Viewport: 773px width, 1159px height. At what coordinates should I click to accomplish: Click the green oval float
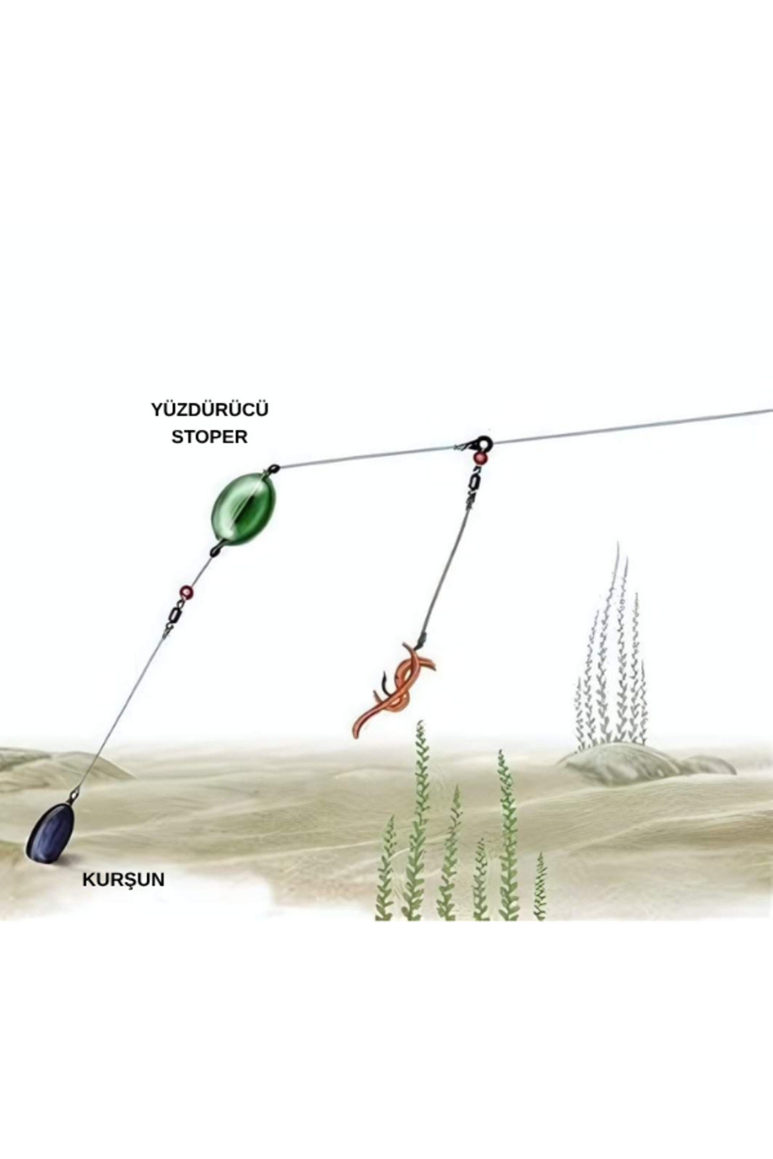point(243,507)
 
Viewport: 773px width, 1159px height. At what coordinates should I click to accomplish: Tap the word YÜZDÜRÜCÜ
point(209,410)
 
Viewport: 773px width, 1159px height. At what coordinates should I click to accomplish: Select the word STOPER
point(209,437)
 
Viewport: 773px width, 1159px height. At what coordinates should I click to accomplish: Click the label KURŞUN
point(123,880)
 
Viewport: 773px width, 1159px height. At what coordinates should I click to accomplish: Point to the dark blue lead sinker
point(50,832)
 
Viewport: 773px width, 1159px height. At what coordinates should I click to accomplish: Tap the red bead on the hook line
point(480,458)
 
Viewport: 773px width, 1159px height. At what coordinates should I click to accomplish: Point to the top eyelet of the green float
point(273,468)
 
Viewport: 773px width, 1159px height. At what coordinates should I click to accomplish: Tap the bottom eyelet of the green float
point(215,551)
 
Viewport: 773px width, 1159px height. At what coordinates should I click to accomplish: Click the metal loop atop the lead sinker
point(74,796)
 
